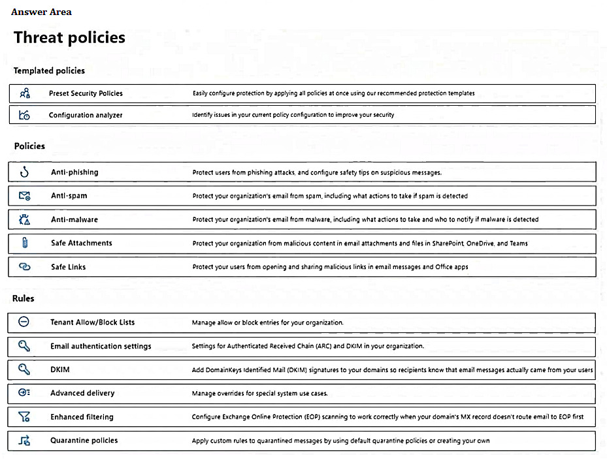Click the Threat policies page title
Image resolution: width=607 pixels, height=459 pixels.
[x=69, y=38]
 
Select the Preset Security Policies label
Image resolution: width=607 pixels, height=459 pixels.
[x=86, y=93]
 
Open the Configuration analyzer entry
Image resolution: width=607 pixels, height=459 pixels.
[x=86, y=115]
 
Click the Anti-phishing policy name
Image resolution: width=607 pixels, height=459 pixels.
[x=74, y=172]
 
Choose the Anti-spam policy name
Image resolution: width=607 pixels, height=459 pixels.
[x=69, y=196]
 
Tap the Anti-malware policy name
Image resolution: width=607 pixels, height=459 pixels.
[x=74, y=219]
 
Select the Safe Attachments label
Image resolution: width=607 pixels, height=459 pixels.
[x=82, y=243]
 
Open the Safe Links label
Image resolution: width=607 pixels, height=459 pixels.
[x=69, y=267]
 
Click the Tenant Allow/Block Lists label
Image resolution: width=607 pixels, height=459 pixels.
[x=93, y=323]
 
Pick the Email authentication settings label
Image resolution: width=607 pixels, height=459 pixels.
[x=101, y=346]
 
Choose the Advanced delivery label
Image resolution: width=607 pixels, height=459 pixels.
[x=82, y=393]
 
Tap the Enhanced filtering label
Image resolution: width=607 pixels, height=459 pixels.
[x=82, y=417]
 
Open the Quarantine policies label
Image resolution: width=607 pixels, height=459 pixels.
[x=84, y=441]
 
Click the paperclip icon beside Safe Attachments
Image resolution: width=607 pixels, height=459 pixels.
[x=25, y=244]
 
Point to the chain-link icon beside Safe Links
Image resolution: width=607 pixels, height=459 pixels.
[x=25, y=267]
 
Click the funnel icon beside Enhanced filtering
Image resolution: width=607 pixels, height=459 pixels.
[x=25, y=417]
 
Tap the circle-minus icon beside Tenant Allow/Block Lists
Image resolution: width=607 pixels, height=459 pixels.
[x=24, y=322]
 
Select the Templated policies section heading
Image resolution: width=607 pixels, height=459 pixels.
[x=49, y=71]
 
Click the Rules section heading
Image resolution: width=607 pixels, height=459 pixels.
[x=23, y=298]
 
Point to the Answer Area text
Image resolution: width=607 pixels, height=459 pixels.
[x=41, y=12]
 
